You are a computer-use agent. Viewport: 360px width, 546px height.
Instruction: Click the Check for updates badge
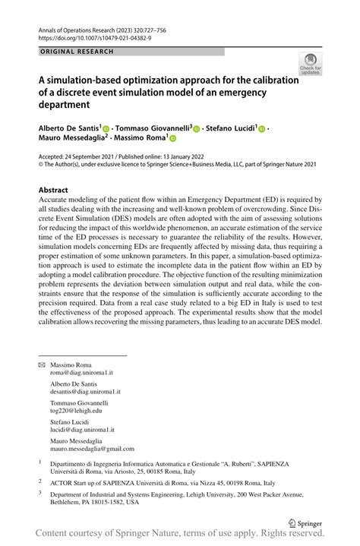click(x=310, y=64)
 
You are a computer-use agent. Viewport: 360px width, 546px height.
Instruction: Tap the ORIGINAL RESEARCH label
click(x=76, y=52)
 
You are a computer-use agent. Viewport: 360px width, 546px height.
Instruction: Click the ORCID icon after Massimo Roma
click(x=172, y=140)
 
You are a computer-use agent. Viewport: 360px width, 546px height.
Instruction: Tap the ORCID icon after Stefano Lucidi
click(x=262, y=129)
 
